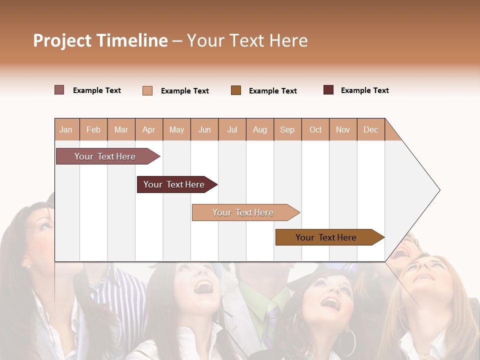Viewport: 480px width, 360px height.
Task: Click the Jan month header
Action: click(66, 129)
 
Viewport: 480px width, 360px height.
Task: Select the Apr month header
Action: click(148, 129)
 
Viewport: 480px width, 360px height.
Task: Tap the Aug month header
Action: click(259, 129)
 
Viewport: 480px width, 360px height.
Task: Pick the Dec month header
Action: click(370, 129)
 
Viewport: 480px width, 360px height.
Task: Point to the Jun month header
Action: click(204, 129)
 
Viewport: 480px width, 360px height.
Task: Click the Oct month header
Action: click(315, 129)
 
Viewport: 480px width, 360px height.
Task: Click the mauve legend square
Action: click(59, 90)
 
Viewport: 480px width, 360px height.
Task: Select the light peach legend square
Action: click(147, 90)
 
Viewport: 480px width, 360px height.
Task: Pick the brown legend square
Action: click(236, 90)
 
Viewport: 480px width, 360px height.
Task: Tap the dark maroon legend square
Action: click(328, 90)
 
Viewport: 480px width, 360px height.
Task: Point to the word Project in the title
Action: click(62, 40)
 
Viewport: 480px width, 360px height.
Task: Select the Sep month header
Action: click(287, 129)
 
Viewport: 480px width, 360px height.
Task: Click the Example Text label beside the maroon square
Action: click(364, 90)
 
